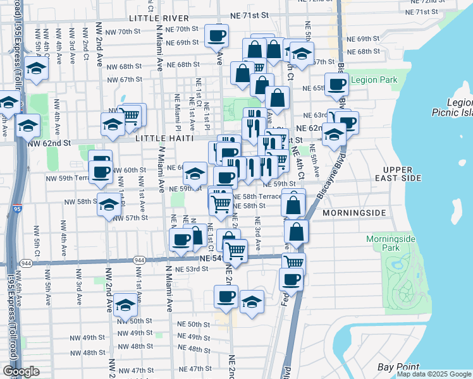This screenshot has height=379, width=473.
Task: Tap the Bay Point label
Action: pos(398,367)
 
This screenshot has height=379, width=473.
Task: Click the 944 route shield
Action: pos(27,262)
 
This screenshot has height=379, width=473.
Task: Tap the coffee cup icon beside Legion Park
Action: pos(336,84)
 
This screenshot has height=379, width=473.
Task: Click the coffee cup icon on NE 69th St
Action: pos(217,37)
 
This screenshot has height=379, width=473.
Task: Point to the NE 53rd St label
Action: pos(192,269)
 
